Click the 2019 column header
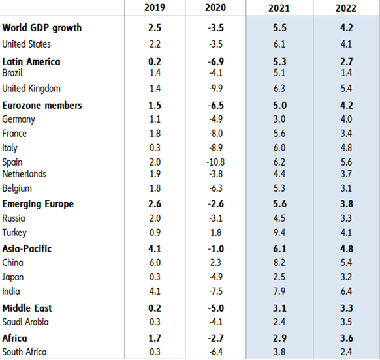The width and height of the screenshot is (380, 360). [x=155, y=8]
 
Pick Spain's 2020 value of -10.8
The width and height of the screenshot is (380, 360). [x=219, y=162]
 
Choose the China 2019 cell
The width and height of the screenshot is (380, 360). [x=155, y=262]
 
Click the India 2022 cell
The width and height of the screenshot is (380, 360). [x=347, y=291]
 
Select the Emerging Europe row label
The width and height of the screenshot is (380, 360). [x=38, y=204]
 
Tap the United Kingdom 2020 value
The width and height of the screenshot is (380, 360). [x=219, y=88]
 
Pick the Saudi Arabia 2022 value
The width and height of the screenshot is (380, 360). [x=347, y=322]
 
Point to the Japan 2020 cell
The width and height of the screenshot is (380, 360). [x=219, y=277]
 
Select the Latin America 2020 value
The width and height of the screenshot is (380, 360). [x=219, y=62]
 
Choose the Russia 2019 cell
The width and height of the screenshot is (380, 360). [x=155, y=218]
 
